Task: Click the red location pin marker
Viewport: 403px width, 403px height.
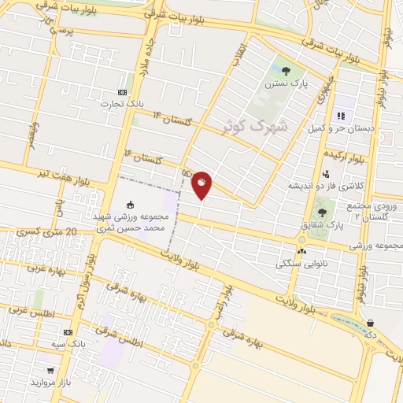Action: [x=201, y=183]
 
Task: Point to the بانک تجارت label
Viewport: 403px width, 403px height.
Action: [x=120, y=103]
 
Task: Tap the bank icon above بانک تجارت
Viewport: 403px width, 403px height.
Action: [x=120, y=91]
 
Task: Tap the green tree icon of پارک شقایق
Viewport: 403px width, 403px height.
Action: [x=321, y=213]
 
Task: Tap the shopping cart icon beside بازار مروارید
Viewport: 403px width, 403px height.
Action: [x=51, y=369]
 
